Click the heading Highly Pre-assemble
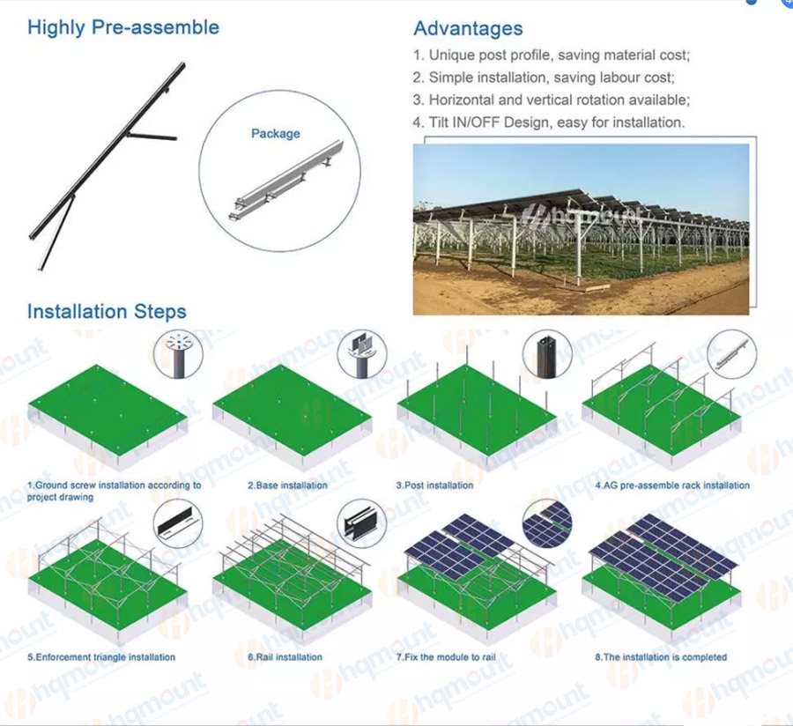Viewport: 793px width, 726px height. click(123, 27)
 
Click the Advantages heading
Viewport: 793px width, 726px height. click(469, 28)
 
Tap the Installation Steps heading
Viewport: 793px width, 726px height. click(107, 311)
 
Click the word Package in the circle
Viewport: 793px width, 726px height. click(276, 133)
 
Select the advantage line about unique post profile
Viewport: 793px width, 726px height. click(552, 56)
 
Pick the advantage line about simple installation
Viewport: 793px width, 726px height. click(544, 78)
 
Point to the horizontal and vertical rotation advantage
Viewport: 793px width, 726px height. click(552, 100)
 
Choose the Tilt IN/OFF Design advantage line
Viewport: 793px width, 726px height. click(549, 122)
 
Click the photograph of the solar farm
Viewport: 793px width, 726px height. click(582, 229)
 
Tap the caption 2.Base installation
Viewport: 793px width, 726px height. click(288, 485)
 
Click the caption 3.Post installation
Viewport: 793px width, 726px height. click(435, 485)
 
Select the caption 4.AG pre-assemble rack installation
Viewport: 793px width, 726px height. click(672, 485)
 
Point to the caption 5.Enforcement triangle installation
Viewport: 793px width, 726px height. click(101, 657)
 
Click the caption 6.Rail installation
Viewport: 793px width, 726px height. click(285, 657)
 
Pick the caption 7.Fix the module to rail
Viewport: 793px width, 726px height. click(446, 657)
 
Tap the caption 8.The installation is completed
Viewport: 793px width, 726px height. click(661, 657)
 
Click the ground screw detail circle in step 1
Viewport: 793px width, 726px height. click(178, 355)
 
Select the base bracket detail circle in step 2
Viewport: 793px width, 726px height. click(362, 355)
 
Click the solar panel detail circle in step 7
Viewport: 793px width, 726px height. click(548, 523)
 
